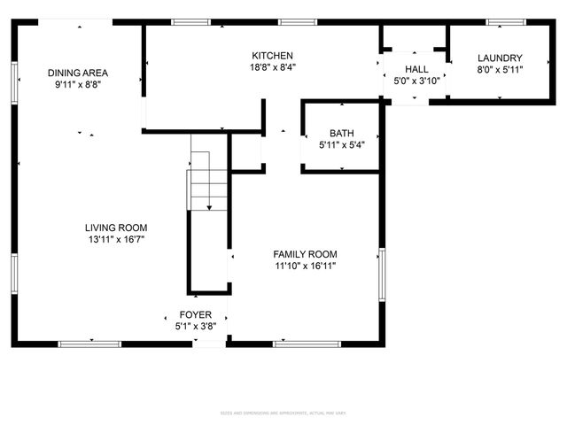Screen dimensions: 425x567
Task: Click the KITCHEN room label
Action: [x=272, y=55]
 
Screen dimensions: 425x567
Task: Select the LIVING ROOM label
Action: [x=116, y=228]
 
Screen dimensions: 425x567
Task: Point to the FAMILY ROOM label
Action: [x=305, y=253]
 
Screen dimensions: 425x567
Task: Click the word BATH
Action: [x=341, y=133]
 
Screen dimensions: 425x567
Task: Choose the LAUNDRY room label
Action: [x=501, y=58]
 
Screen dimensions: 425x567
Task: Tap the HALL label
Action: [x=416, y=69]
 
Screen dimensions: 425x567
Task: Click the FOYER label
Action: [x=196, y=314]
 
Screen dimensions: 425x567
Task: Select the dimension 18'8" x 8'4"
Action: [x=272, y=66]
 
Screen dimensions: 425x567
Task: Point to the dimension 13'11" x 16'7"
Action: [x=116, y=239]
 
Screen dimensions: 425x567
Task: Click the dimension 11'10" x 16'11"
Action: [x=305, y=265]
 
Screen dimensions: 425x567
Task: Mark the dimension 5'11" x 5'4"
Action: [x=341, y=144]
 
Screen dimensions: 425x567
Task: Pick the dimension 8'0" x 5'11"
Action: [x=501, y=70]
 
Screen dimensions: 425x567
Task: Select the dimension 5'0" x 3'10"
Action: [x=416, y=81]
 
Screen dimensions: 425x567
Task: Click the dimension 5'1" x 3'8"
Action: [x=196, y=326]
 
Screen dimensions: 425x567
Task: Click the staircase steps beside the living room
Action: [x=209, y=182]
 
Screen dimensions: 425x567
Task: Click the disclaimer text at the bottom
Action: [x=283, y=388]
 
